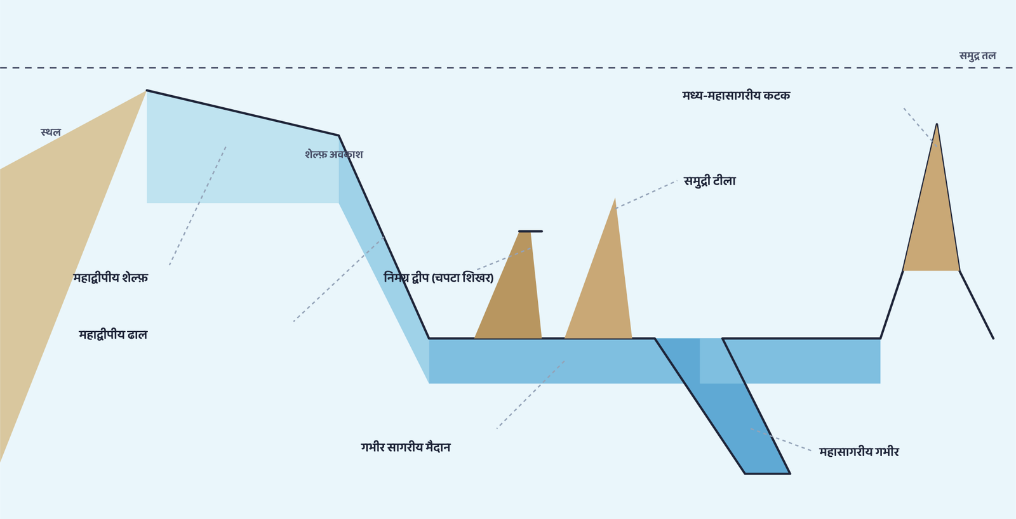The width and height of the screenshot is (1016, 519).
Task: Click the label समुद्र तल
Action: click(x=977, y=56)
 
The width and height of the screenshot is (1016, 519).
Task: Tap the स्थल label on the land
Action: click(x=50, y=132)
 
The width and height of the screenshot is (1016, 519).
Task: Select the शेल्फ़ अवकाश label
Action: click(x=334, y=154)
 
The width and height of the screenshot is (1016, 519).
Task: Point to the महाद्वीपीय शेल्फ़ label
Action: click(x=110, y=277)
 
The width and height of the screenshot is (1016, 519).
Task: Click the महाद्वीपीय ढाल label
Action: click(x=113, y=334)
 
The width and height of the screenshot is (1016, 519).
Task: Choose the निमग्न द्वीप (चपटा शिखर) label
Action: click(x=439, y=277)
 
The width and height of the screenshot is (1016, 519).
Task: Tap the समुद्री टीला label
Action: click(x=710, y=181)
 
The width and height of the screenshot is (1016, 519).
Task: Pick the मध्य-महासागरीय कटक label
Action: click(x=736, y=95)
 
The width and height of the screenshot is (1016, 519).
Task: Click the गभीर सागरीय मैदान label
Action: click(x=406, y=447)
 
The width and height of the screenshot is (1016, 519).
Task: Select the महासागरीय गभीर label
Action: click(x=859, y=452)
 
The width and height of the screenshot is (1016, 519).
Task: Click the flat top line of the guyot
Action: click(x=530, y=231)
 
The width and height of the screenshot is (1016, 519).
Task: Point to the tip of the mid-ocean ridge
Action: click(x=937, y=124)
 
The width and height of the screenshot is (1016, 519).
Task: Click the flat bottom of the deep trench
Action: click(x=768, y=474)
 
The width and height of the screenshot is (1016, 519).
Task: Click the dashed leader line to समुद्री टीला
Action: click(x=646, y=194)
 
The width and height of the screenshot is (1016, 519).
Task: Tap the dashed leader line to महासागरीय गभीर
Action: click(x=781, y=440)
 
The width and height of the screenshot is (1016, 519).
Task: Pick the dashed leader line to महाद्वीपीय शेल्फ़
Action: click(x=197, y=206)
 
